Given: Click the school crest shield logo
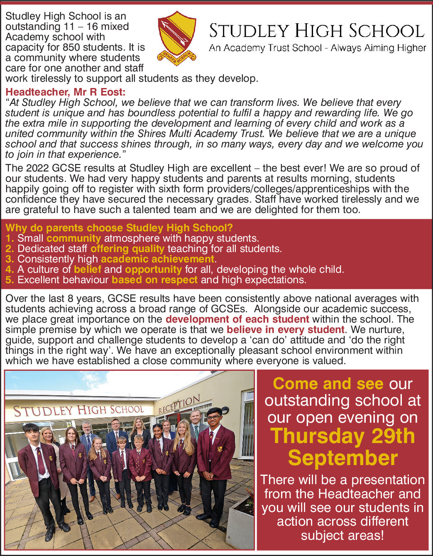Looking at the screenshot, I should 177,37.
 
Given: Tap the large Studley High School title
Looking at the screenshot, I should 317,31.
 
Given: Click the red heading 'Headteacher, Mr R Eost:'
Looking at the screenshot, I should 65,92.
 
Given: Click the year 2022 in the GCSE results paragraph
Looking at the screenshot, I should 37,168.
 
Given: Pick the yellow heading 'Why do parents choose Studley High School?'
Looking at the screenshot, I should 119,228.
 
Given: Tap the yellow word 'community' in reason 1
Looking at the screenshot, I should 73,238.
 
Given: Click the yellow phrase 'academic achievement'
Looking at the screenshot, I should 157,259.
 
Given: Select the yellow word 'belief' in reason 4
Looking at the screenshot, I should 87,269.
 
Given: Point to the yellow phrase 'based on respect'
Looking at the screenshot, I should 154,280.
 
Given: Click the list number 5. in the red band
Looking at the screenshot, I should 10,280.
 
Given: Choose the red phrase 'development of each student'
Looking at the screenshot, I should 237,319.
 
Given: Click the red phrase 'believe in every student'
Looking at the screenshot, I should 285,330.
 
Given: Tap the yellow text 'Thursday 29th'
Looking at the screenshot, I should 342,436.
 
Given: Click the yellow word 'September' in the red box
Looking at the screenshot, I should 342,458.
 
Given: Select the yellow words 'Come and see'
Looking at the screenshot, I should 328,384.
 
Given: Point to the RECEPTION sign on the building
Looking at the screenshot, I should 179,404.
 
